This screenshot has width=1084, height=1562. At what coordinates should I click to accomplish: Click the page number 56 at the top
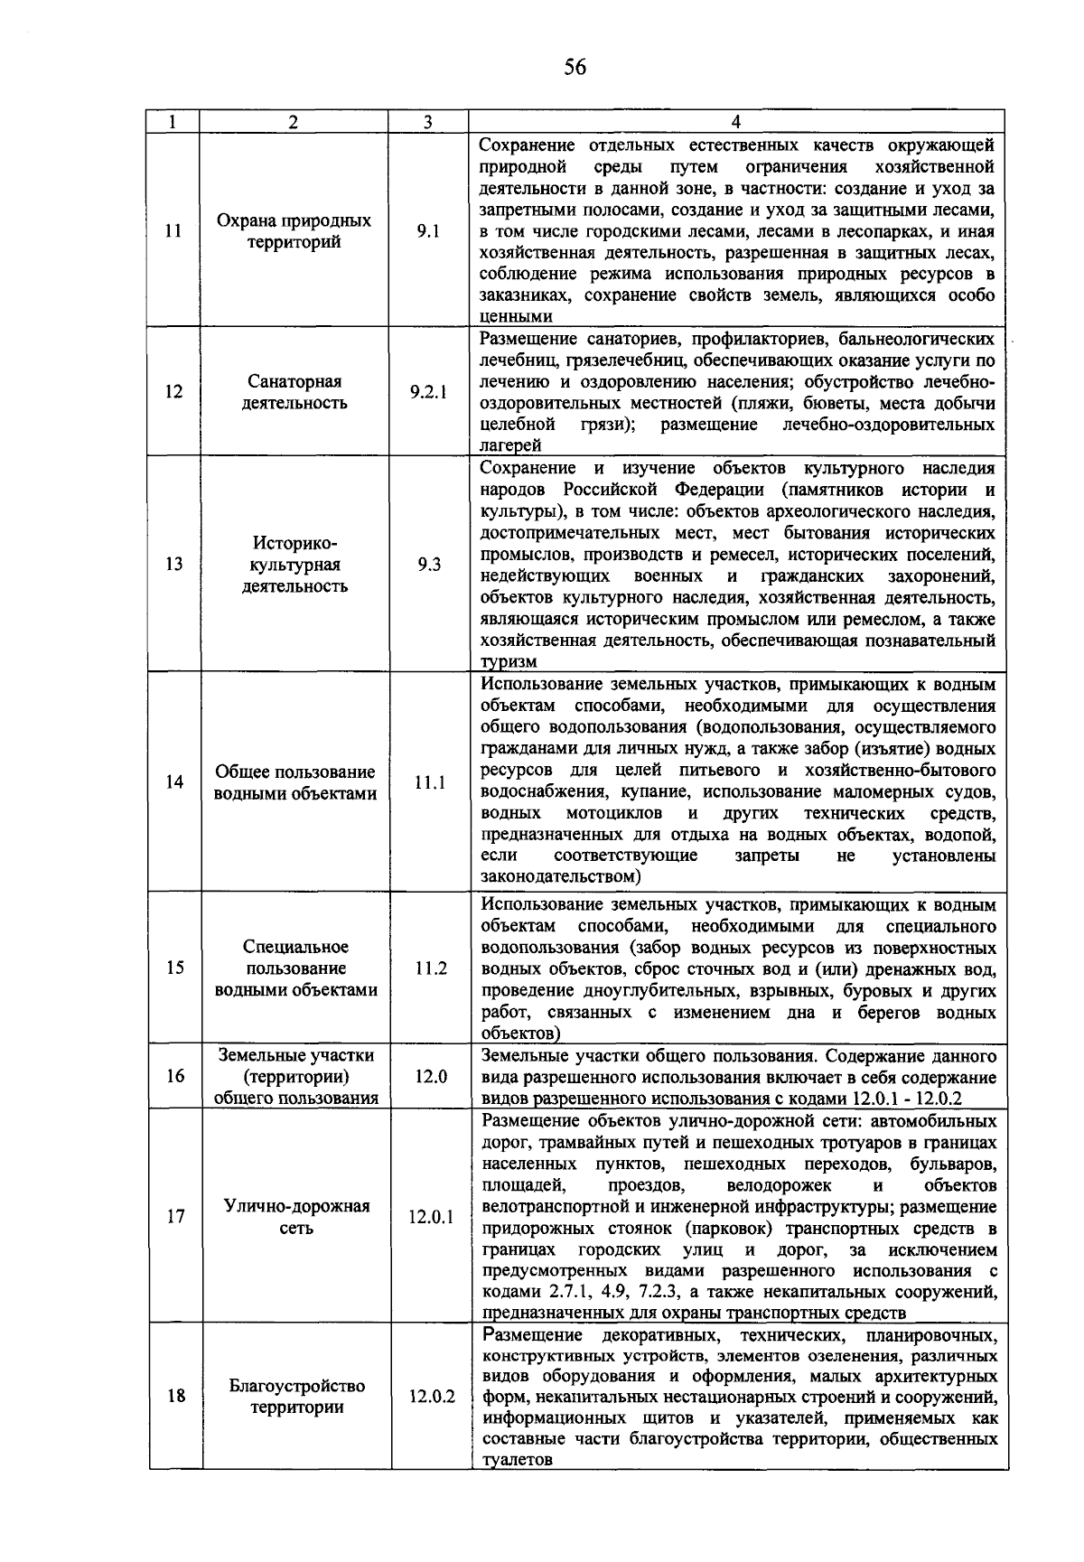(575, 67)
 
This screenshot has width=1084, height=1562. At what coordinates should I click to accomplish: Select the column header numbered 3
(428, 122)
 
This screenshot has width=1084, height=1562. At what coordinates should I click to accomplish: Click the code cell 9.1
(428, 231)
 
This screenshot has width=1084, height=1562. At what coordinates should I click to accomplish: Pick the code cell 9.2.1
(428, 392)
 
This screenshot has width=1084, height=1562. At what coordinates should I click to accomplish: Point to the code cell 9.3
(429, 565)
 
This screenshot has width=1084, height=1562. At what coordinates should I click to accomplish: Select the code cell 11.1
(430, 783)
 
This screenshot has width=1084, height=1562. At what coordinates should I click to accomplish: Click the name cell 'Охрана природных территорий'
(294, 231)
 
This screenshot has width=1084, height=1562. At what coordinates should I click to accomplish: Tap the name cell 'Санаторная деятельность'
(294, 392)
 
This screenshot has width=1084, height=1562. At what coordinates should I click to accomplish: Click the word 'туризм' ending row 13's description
(509, 662)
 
